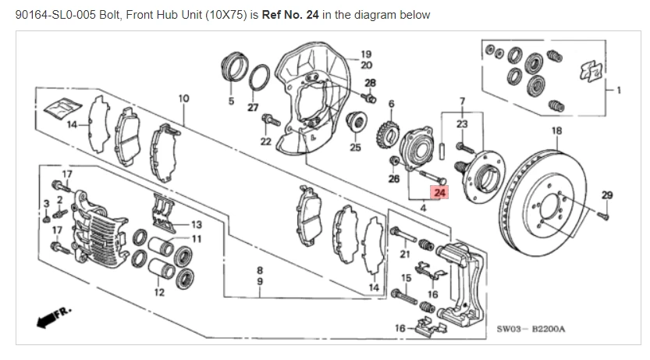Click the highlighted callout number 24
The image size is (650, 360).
coord(439,193)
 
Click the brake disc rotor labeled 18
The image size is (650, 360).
coord(547,202)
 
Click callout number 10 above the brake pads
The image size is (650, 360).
coord(184,98)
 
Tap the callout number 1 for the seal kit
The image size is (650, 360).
coord(618,89)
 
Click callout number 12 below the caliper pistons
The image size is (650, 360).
coord(159,293)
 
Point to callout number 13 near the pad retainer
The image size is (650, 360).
coord(197,225)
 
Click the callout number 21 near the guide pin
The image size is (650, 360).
coord(405,253)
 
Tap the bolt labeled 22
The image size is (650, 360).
coord(271,121)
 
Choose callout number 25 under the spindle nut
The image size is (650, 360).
coord(355,147)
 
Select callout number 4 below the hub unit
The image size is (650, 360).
coord(422,208)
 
